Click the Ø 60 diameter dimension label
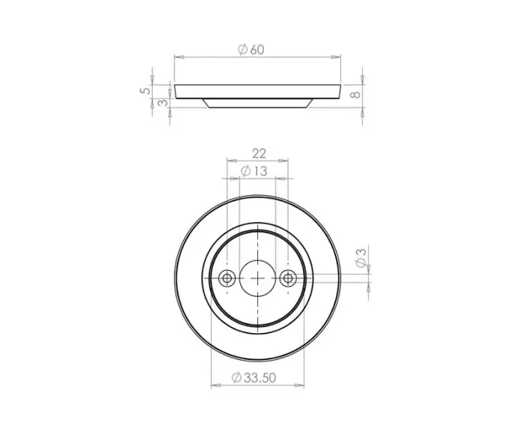(x=251, y=49)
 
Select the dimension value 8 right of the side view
(x=355, y=94)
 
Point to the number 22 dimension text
(x=259, y=154)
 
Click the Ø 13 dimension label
(x=254, y=171)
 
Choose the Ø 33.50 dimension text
(x=253, y=378)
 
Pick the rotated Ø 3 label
(x=361, y=258)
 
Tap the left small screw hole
(x=226, y=278)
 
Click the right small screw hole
(x=288, y=278)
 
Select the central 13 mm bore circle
(x=257, y=260)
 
